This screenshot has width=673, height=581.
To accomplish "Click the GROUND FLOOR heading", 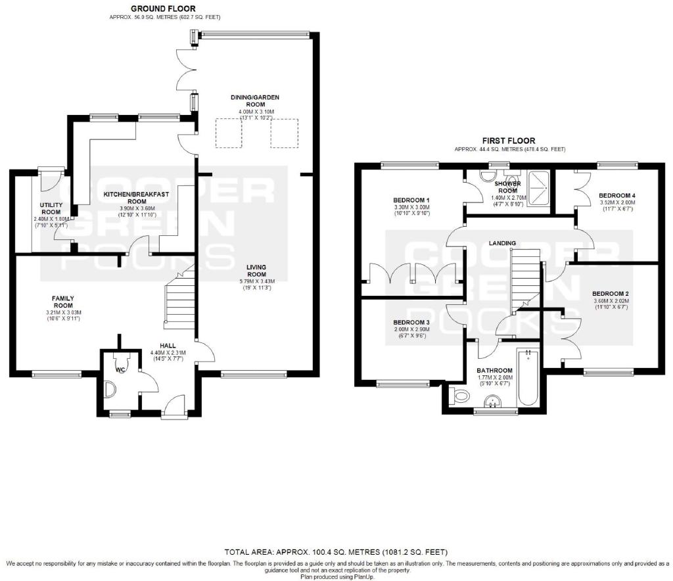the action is click(163, 9).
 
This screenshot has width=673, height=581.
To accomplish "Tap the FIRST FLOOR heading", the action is click(509, 141).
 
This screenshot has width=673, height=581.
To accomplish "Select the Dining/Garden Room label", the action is click(255, 101).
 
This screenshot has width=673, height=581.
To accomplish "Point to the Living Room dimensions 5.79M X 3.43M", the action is click(257, 281).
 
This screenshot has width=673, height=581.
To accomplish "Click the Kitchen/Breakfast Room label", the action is click(137, 198).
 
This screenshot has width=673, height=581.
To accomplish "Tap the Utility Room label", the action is click(51, 208).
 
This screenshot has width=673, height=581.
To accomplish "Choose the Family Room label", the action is click(63, 302).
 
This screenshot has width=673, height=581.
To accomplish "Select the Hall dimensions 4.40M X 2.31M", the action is click(168, 353).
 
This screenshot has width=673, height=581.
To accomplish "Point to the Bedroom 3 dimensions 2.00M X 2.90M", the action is click(411, 329).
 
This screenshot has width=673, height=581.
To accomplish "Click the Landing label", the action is click(502, 243).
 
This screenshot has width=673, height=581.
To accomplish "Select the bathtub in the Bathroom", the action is click(528, 378).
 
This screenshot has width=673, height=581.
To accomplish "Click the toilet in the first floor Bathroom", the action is click(458, 396).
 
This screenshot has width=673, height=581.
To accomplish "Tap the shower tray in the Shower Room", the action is click(538, 189).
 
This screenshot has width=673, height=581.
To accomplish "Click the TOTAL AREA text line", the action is click(336, 552).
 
